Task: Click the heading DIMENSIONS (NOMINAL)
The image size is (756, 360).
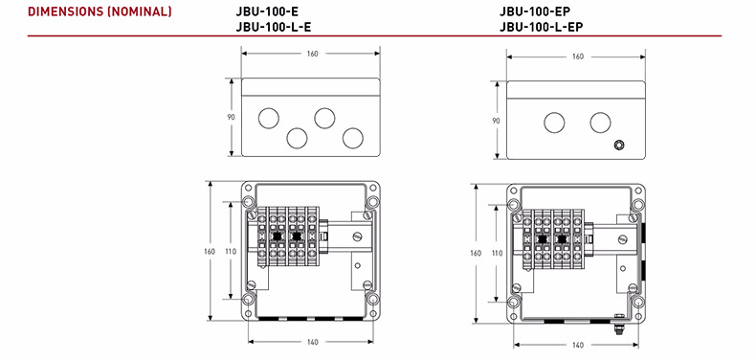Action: pos(100,11)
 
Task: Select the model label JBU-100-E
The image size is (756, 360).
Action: pos(263,11)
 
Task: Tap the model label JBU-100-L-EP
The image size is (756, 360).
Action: pos(542,27)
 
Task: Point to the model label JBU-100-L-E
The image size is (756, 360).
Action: pos(274,27)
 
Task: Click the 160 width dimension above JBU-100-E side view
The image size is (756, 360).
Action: pos(312,54)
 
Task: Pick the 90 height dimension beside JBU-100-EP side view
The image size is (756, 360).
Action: pos(496,121)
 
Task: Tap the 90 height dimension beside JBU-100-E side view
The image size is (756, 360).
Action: pos(232,117)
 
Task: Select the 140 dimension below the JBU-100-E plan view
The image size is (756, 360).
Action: pos(312,342)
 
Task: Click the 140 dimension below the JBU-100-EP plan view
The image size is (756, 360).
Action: pos(578,345)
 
